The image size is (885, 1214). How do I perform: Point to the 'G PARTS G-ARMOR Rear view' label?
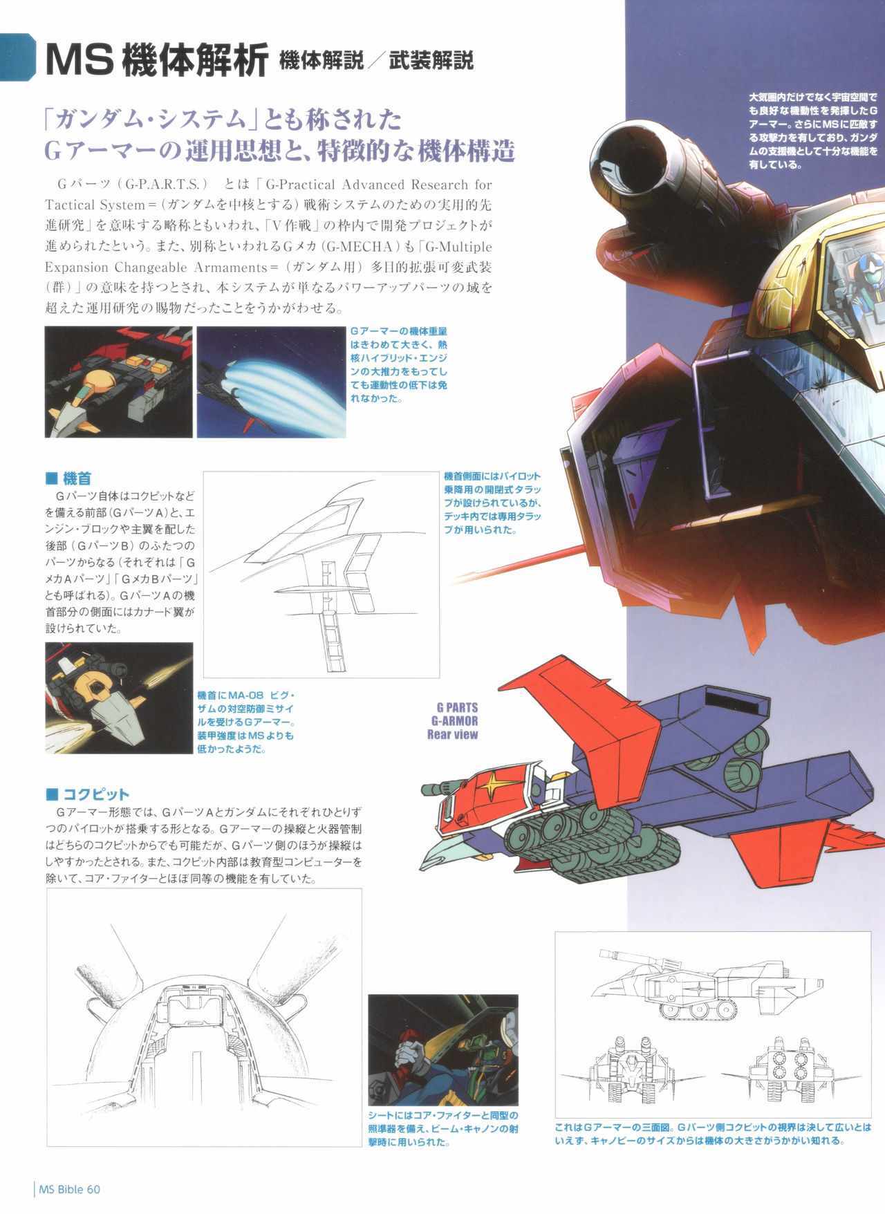(453, 720)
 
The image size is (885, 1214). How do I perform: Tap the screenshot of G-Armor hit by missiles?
(120, 698)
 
